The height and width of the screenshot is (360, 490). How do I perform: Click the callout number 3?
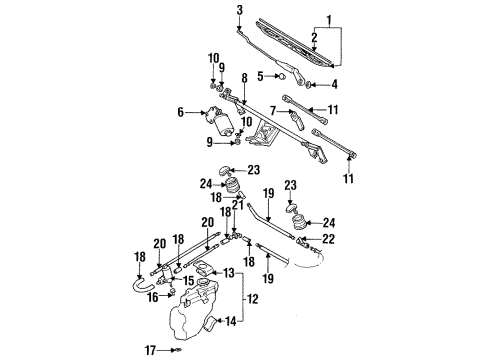point(240,10)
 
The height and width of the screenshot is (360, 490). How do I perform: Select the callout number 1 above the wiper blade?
point(329,21)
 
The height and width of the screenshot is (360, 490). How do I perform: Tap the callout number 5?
point(260,76)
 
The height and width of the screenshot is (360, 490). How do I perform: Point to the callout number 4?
point(334,84)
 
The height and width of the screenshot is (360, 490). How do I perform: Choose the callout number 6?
point(181,112)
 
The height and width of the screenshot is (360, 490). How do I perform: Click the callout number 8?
point(245,78)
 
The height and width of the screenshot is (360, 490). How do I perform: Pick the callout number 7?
point(273,110)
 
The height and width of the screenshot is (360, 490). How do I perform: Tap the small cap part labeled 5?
point(282,76)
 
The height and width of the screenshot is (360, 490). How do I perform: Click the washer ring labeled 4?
point(309,85)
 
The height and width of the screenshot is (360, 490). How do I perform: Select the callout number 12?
point(253,299)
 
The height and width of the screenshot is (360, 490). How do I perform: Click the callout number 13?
point(229,273)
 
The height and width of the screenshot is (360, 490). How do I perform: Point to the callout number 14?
point(231,321)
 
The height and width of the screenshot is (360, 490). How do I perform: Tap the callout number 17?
point(150,350)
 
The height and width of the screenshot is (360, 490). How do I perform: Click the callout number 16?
point(153,297)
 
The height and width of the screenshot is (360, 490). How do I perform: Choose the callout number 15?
point(188,280)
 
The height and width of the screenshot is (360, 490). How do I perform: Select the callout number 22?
point(328,239)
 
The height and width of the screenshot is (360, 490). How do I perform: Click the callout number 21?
point(238,205)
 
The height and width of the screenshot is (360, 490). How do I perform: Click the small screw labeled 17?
point(178,350)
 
